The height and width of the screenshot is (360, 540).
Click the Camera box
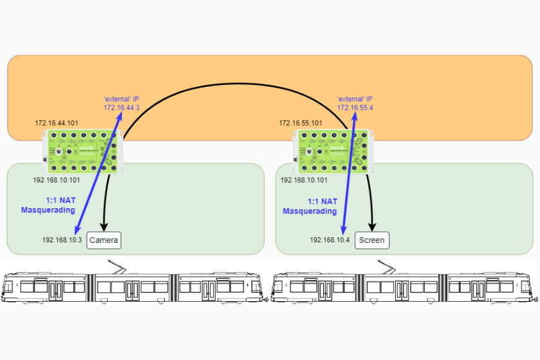[x=104, y=240]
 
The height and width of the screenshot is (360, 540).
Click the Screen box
[x=372, y=240]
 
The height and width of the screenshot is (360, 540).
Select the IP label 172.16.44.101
[x=56, y=123]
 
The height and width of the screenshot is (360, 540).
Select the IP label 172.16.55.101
[x=300, y=123]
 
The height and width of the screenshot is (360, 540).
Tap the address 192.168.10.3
[x=62, y=240]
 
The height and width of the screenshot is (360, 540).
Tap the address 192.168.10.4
[x=330, y=240]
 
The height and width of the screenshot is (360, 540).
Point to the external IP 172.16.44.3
[x=121, y=108]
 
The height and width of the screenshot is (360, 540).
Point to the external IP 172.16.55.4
[x=355, y=108]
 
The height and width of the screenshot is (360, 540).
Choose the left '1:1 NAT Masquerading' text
[x=51, y=206]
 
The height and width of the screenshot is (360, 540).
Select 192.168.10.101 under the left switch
[x=56, y=180]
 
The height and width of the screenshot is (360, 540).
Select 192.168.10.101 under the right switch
[x=304, y=180]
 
